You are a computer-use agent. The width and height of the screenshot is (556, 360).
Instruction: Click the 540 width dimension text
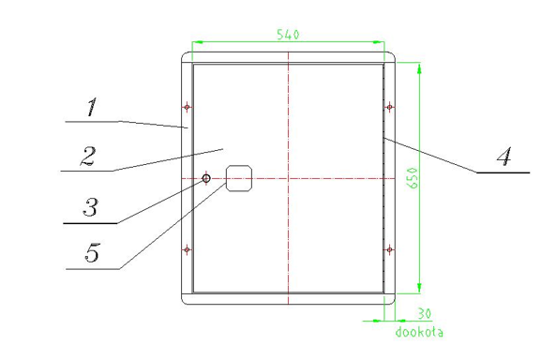click(288, 35)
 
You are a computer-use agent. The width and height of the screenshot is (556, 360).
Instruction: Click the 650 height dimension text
click(413, 178)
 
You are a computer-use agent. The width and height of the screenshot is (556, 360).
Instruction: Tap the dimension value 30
click(424, 313)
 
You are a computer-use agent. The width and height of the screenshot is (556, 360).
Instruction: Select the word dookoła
click(419, 332)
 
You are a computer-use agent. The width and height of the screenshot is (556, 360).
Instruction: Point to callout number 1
click(92, 108)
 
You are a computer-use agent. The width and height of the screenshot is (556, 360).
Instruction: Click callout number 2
click(88, 157)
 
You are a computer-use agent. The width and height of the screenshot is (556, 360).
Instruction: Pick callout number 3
click(90, 207)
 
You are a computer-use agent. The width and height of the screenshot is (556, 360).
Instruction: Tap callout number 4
click(504, 157)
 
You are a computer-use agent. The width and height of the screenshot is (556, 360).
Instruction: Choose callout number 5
click(92, 252)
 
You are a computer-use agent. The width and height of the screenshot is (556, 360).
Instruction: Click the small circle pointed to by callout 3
click(206, 178)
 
